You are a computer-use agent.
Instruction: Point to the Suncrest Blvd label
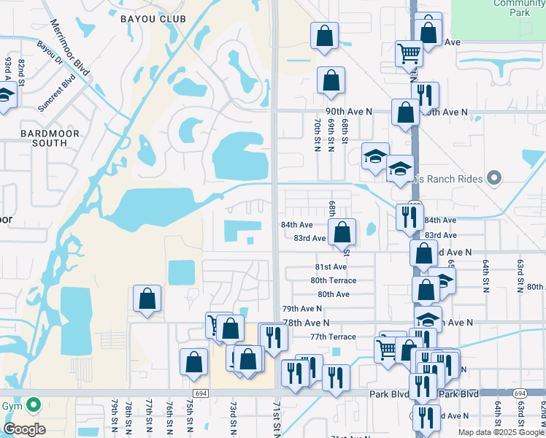tap(58, 93)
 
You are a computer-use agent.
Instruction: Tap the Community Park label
tap(518, 7)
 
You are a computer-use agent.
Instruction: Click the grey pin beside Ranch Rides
tap(494, 178)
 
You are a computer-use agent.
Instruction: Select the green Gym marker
tap(33, 404)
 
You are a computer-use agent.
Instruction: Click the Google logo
tap(24, 429)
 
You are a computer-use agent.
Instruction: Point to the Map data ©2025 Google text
tap(501, 432)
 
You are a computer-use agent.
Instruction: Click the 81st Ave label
tap(331, 267)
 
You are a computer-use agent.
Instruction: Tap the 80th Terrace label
tap(333, 280)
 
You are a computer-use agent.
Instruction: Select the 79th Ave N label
tap(301, 309)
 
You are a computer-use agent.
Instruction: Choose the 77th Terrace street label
tap(333, 337)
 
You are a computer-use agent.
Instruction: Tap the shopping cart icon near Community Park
tap(409, 52)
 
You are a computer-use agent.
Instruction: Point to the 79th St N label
tap(115, 415)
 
